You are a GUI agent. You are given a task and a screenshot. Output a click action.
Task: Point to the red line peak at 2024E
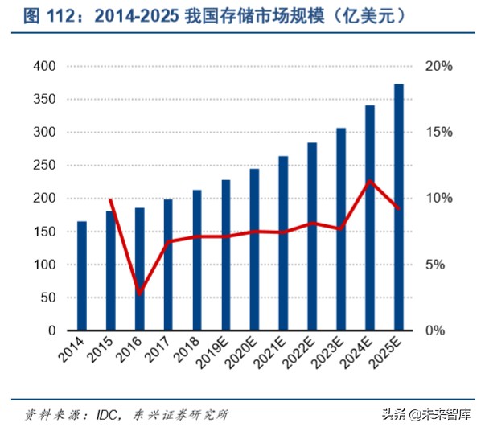(x=369, y=181)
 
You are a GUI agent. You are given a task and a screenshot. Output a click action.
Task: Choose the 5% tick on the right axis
(x=443, y=265)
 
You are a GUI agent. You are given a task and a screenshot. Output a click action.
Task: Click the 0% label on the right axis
(x=443, y=330)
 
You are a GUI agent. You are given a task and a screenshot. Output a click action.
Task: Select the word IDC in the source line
(x=108, y=415)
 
